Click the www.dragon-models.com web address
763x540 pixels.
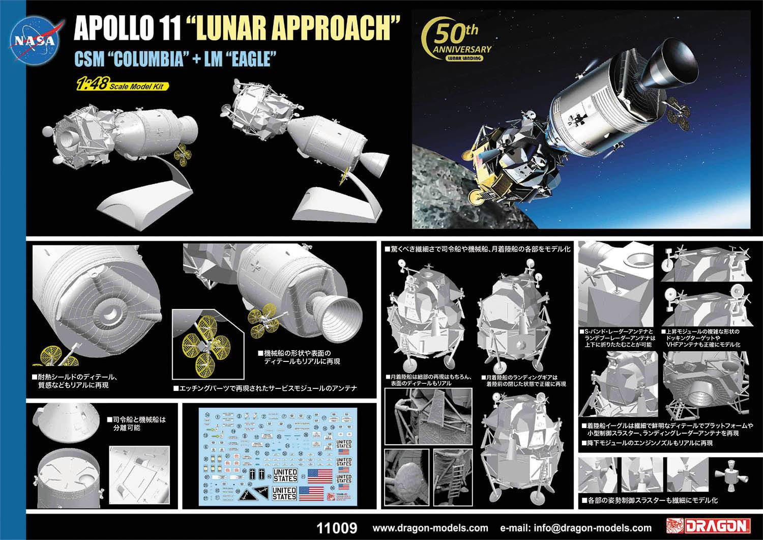[x=430, y=528]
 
